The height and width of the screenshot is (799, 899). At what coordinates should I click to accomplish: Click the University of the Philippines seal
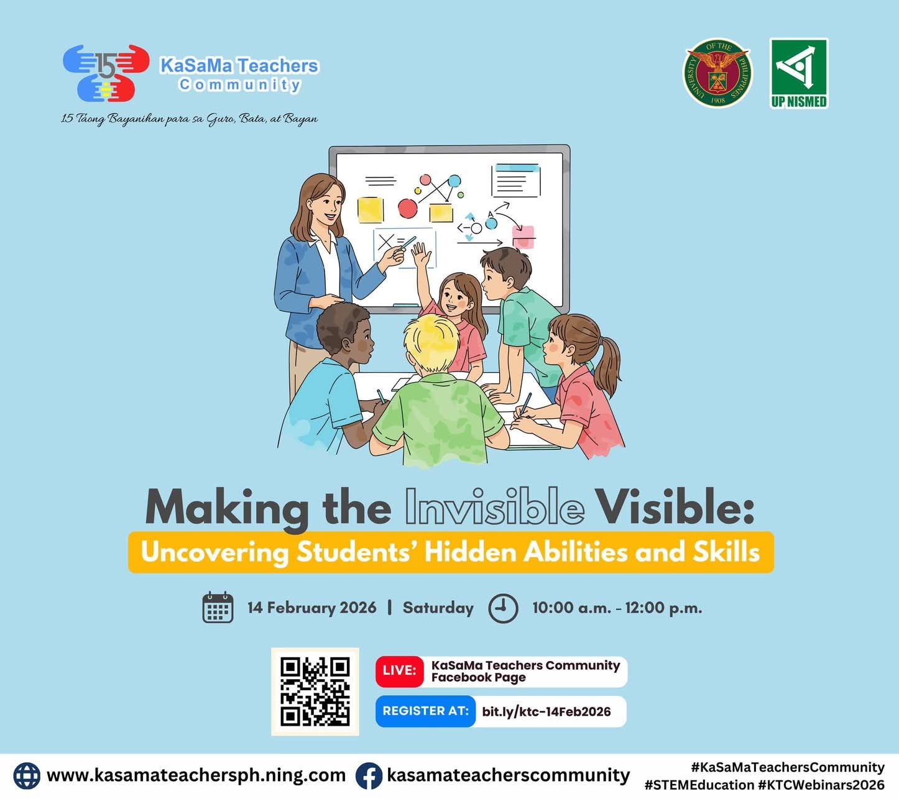(717, 73)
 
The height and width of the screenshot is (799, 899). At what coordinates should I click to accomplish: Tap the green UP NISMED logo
(799, 73)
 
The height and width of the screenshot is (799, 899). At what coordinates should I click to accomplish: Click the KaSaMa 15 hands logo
(106, 73)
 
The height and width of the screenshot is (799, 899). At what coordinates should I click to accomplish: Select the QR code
(315, 692)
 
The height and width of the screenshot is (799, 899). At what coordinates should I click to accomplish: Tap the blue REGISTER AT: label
(425, 711)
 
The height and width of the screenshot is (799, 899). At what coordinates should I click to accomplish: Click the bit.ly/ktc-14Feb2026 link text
(546, 711)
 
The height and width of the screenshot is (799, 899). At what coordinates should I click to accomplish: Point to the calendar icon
(218, 608)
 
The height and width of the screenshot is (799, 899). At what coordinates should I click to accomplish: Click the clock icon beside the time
(503, 608)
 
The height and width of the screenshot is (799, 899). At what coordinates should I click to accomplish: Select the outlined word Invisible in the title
(494, 506)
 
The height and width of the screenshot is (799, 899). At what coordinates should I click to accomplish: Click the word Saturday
(438, 608)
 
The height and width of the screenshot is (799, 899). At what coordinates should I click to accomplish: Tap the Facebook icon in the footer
(369, 776)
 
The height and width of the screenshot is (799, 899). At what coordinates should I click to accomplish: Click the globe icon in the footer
(27, 776)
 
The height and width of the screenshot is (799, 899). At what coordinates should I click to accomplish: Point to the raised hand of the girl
(421, 255)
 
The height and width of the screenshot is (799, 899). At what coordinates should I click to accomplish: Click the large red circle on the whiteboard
(407, 208)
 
